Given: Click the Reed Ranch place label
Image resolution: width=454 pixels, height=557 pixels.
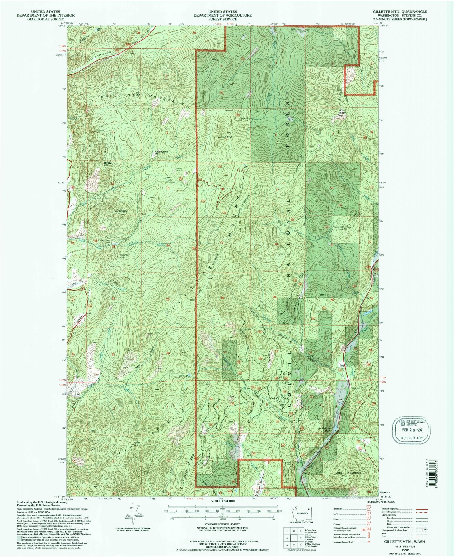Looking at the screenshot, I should (161, 152).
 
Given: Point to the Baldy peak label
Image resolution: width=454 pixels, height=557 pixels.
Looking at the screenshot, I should (108, 163).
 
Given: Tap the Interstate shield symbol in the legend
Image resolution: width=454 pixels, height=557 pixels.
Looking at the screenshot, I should (368, 507).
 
